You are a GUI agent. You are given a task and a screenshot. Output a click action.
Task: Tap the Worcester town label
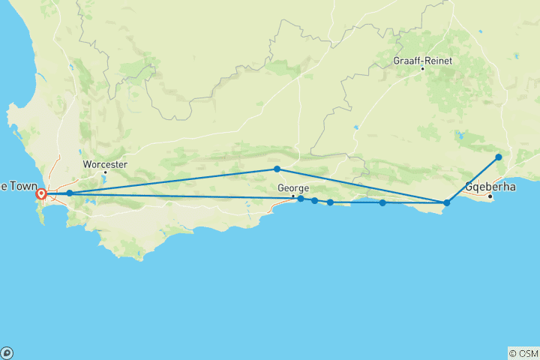[x=105, y=164]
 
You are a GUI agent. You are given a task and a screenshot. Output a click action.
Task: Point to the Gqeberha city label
[x=490, y=186]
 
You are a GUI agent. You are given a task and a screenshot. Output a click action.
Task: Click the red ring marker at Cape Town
[x=42, y=194]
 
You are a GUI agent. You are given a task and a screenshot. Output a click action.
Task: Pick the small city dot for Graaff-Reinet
[x=422, y=69]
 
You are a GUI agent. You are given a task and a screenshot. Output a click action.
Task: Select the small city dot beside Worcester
[x=105, y=172]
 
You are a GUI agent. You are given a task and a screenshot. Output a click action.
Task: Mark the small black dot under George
[x=293, y=196]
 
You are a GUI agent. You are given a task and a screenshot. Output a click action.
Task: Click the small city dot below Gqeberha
[x=490, y=196]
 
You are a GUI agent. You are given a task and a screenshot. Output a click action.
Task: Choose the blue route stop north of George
[x=277, y=169]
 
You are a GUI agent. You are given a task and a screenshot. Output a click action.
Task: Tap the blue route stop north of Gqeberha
[x=499, y=157]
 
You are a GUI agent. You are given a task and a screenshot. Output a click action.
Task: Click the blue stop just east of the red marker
[x=70, y=193]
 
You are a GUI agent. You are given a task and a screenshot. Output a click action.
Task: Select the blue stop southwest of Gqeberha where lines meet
[x=447, y=202]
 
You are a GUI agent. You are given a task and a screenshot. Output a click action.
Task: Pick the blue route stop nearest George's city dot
[x=301, y=199]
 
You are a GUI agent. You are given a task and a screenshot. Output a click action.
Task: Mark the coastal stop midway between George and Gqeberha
[x=382, y=202]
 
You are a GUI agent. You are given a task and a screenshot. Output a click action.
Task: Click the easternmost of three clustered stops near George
[x=330, y=202]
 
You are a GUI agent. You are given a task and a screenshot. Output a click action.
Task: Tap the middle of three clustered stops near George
[x=314, y=200]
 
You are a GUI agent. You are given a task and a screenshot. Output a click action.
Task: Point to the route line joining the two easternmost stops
[x=473, y=179]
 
